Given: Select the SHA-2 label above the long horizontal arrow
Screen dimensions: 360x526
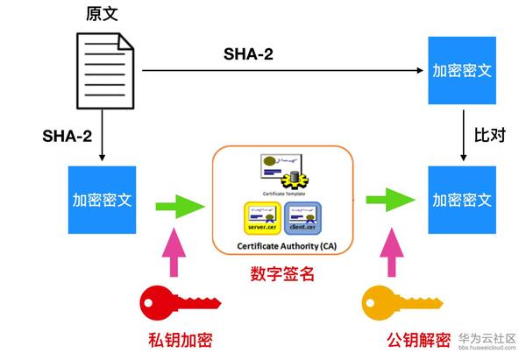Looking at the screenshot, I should coord(247,54).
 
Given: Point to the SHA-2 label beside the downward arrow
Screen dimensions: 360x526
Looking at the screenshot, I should coord(68,137).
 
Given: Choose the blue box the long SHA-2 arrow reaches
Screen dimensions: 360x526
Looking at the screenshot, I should coord(460,69).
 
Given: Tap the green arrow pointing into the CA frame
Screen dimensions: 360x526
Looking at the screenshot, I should coord(178,207).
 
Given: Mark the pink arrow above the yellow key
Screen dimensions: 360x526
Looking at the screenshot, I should coord(387,255).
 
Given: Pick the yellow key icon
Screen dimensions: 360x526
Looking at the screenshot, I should coord(390,308).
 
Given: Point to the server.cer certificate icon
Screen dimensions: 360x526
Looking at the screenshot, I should coord(262,217).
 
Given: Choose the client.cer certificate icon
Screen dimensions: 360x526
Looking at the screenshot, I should coord(302,217).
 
